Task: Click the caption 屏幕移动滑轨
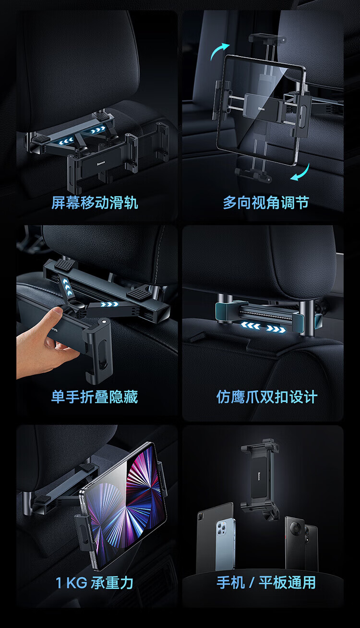tap(95, 203)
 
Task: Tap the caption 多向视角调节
tap(266, 203)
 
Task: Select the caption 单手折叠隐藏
tap(95, 397)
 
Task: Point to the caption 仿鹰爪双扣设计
tap(266, 397)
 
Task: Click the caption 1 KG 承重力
tap(94, 583)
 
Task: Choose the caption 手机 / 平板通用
tap(266, 582)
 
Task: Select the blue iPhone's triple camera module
tap(221, 528)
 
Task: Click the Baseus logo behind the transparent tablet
tap(261, 108)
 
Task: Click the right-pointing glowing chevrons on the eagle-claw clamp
tap(276, 328)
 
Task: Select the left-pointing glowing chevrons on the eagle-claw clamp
tap(251, 326)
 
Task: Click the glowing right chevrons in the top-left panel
tap(99, 130)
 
